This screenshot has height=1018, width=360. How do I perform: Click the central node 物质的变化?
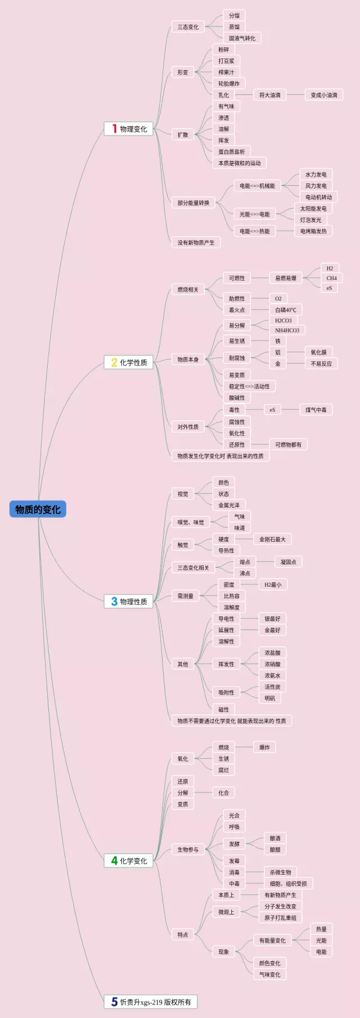(38, 509)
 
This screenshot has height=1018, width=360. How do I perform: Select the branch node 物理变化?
(129, 129)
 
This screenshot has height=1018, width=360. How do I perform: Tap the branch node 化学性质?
(129, 362)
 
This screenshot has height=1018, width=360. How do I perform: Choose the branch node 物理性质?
(129, 601)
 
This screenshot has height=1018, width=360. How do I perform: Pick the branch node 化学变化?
(129, 861)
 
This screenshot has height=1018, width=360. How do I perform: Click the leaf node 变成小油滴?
(324, 95)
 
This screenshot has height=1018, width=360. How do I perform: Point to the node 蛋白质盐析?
(232, 152)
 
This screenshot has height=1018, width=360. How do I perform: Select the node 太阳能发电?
(313, 209)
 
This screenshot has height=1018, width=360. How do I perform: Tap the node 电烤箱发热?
(313, 231)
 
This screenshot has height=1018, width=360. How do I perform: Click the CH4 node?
(332, 278)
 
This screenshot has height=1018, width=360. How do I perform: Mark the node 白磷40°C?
(286, 310)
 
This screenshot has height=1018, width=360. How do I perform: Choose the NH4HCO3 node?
(287, 330)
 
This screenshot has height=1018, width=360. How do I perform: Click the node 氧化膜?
(318, 352)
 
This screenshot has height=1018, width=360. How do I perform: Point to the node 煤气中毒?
(316, 410)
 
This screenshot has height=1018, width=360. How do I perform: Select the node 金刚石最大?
(272, 539)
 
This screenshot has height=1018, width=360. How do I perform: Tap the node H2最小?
(273, 585)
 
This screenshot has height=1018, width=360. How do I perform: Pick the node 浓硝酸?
(272, 664)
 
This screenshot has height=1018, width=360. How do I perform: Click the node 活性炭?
(272, 687)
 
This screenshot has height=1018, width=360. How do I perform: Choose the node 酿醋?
(275, 849)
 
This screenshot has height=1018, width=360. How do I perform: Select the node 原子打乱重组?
(281, 917)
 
